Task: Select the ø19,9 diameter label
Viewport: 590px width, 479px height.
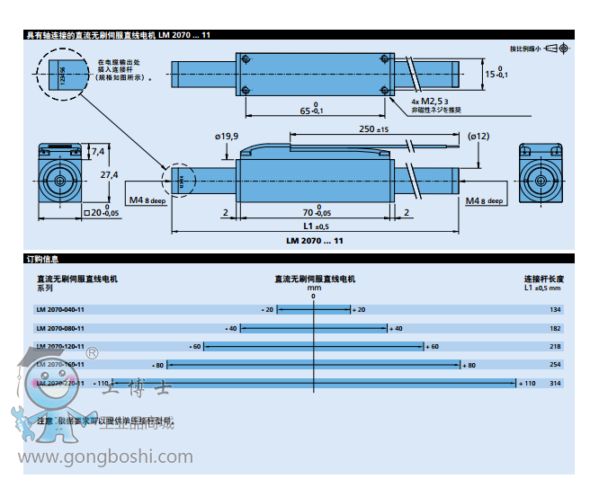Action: pyautogui.click(x=227, y=136)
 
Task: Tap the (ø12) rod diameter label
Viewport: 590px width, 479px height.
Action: pyautogui.click(x=478, y=136)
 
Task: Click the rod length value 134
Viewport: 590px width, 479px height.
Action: pyautogui.click(x=555, y=310)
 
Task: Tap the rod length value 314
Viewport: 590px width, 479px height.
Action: pyautogui.click(x=555, y=383)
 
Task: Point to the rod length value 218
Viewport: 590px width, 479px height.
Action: pyautogui.click(x=555, y=346)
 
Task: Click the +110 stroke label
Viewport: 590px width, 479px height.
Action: pyautogui.click(x=527, y=383)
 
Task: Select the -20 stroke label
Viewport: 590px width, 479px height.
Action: pyautogui.click(x=268, y=310)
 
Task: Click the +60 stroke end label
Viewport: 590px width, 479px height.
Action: pyautogui.click(x=433, y=346)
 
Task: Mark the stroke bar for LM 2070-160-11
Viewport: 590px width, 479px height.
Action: pyautogui.click(x=313, y=365)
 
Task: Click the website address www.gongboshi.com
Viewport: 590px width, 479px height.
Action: pyautogui.click(x=107, y=457)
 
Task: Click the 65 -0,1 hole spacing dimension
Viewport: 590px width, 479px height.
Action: pyautogui.click(x=312, y=111)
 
